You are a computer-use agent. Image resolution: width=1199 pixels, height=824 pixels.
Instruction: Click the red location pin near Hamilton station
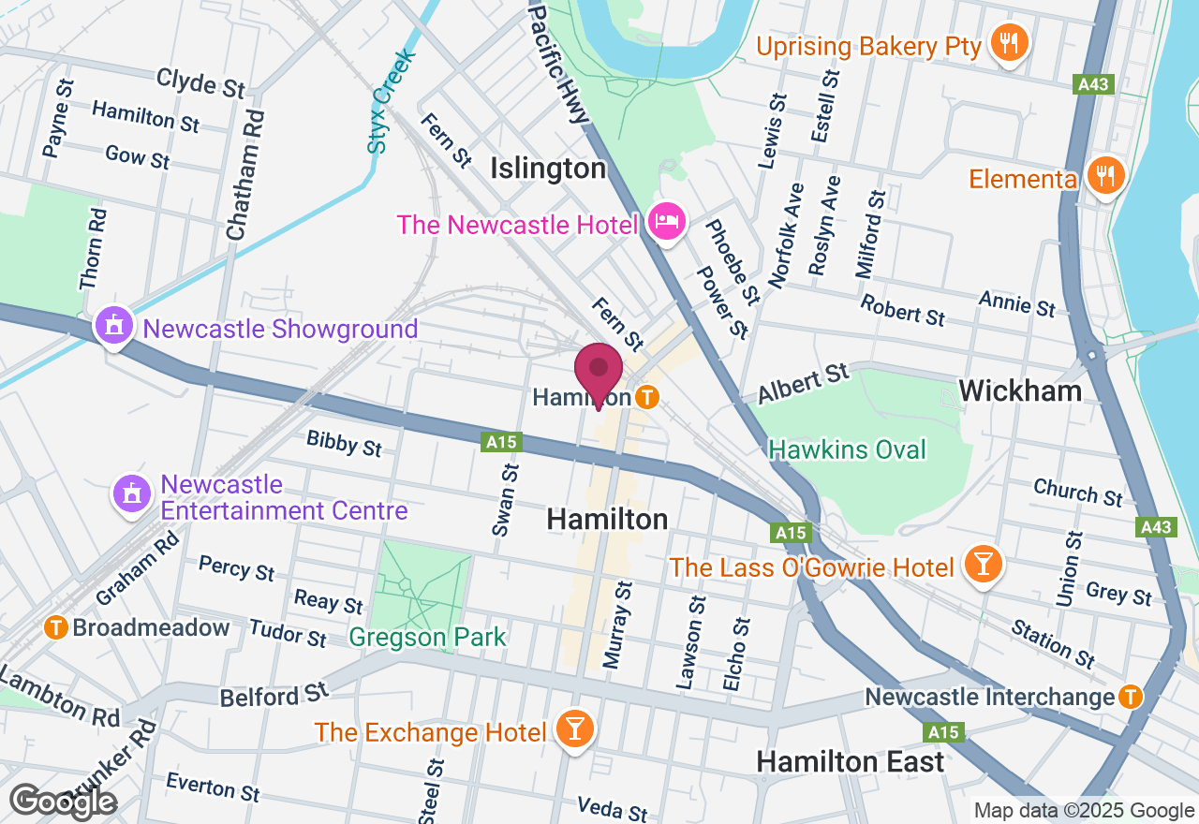point(599,373)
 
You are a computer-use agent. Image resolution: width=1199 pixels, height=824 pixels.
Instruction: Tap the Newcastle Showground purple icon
point(114,327)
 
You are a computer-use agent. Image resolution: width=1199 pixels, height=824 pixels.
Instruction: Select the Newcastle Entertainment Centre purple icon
point(132,494)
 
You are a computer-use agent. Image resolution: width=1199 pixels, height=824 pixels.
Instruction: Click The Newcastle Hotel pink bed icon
point(666,223)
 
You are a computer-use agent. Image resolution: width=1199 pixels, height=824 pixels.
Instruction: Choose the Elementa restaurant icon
point(1106,175)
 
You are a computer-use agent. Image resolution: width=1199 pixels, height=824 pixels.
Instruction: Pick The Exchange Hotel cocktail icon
point(573,728)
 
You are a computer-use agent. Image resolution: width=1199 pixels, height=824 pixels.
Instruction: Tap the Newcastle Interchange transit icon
point(1132,697)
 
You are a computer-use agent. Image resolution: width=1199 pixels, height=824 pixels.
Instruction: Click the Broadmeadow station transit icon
point(56,626)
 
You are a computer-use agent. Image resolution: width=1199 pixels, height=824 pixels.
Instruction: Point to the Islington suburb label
point(549,169)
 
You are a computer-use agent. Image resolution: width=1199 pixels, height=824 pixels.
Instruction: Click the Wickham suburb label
point(1020,390)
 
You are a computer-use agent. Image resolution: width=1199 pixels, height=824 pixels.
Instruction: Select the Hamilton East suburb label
point(851,762)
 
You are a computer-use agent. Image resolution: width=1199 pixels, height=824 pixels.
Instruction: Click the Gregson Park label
point(427,638)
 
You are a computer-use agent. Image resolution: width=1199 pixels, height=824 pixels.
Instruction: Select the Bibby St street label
point(344,442)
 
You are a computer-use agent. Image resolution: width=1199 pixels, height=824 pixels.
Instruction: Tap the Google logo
point(64,802)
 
